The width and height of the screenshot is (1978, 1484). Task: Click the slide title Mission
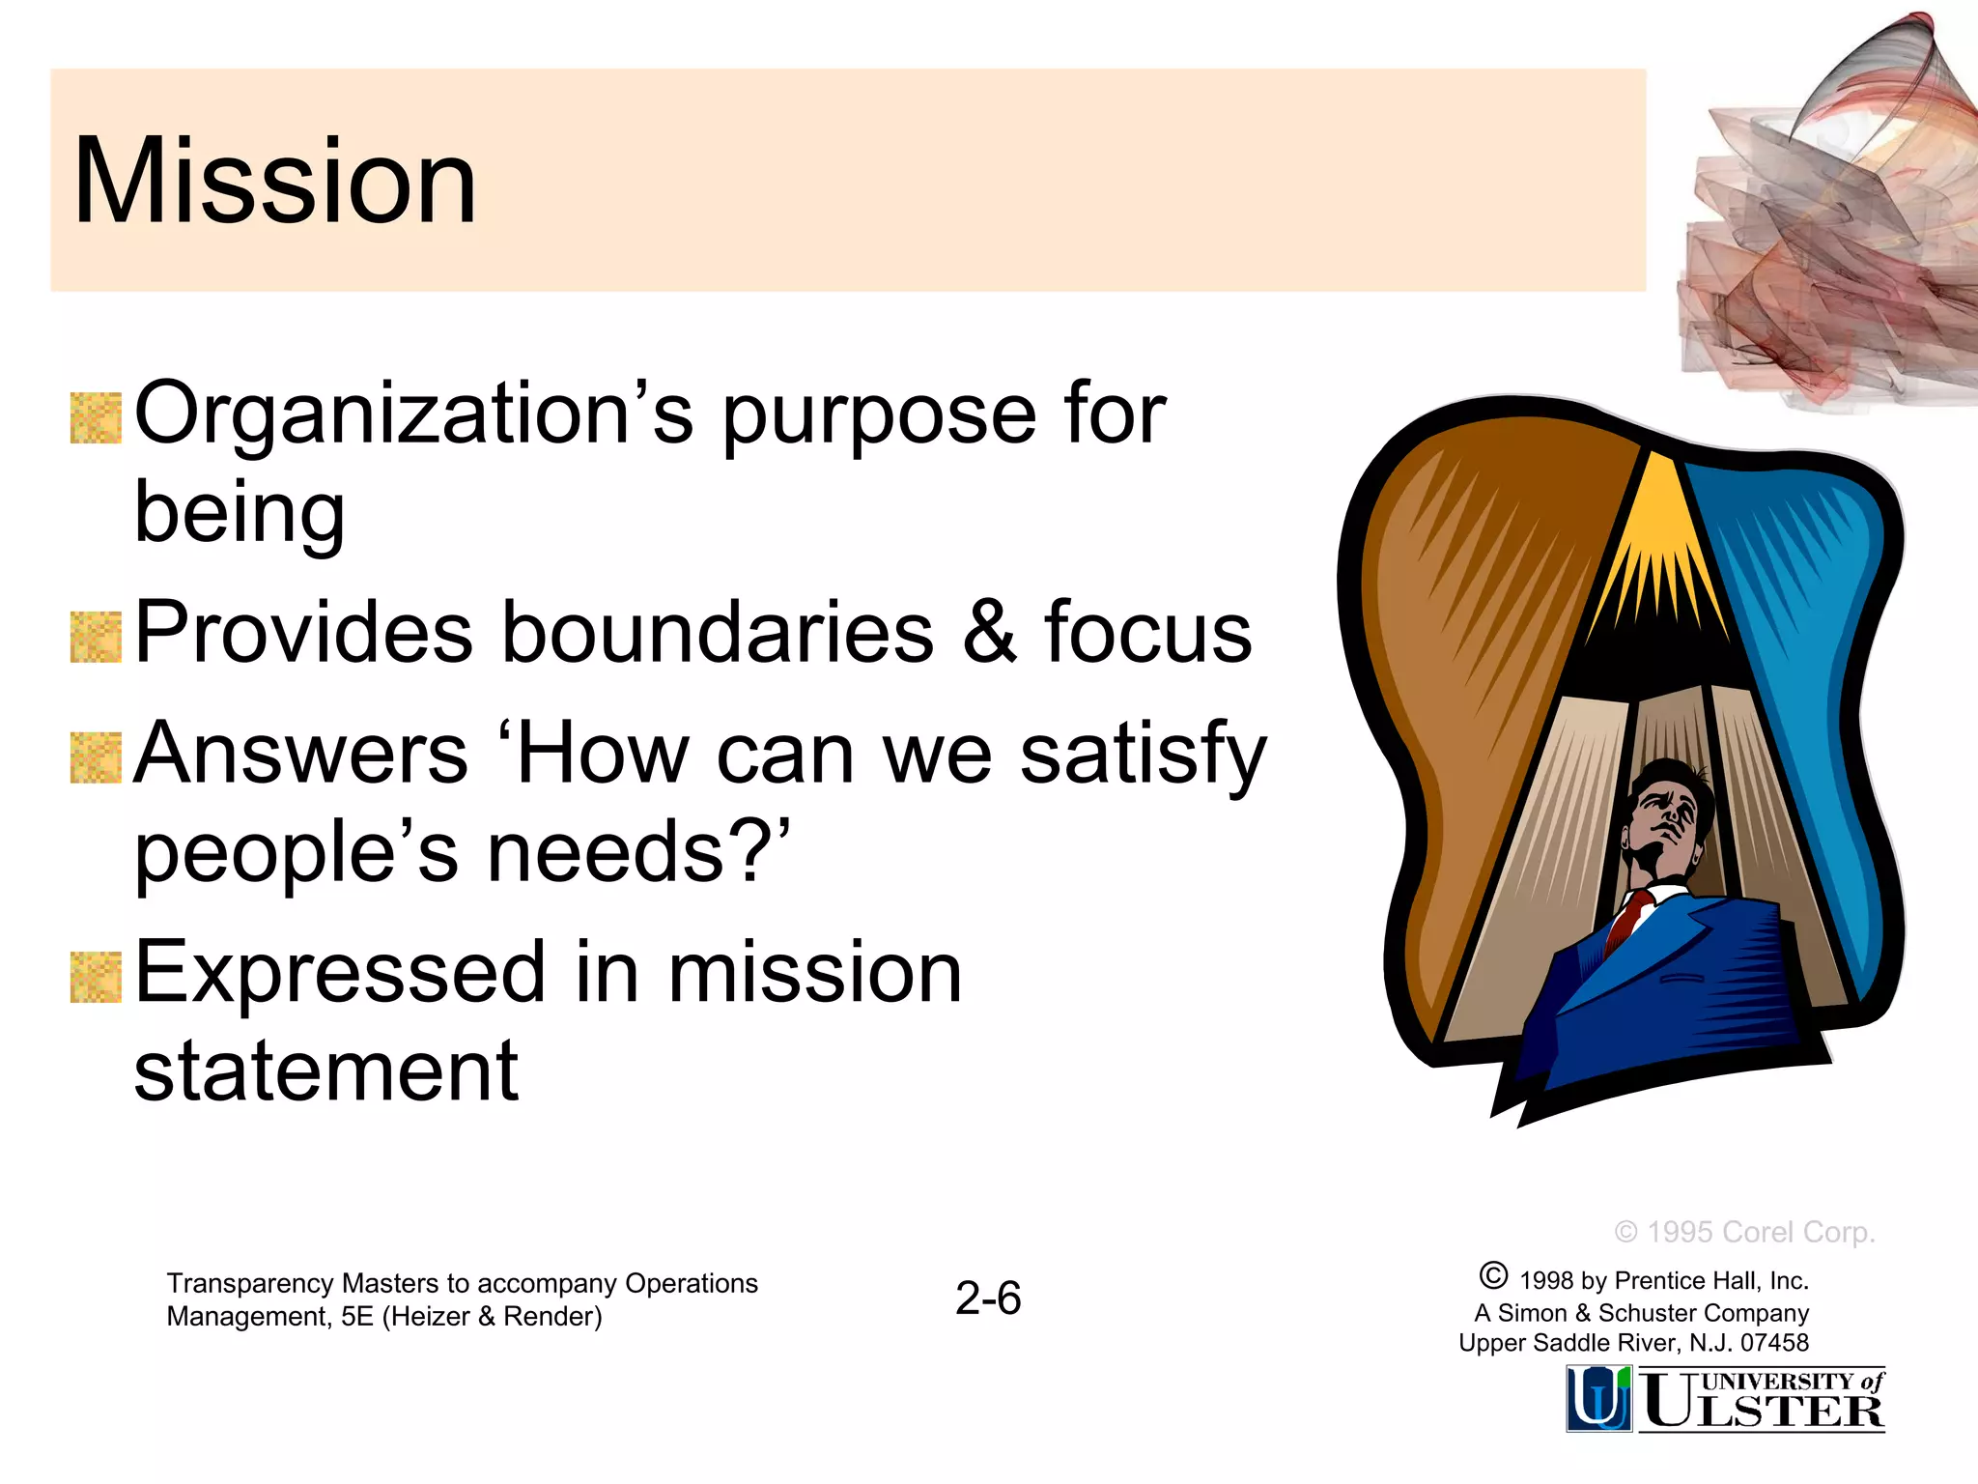pyautogui.click(x=274, y=182)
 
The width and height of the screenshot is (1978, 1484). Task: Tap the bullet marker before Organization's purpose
pyautogui.click(x=96, y=418)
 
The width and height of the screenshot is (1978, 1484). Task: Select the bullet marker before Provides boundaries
pyautogui.click(x=96, y=637)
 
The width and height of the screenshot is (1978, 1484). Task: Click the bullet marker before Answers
pyautogui.click(x=96, y=758)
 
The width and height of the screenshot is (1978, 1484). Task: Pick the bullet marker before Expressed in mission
pyautogui.click(x=96, y=977)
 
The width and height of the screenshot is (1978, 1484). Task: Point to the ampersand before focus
pyautogui.click(x=989, y=633)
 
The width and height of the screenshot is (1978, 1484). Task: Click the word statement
pyautogui.click(x=325, y=1071)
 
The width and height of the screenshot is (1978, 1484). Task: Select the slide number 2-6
pyautogui.click(x=988, y=1298)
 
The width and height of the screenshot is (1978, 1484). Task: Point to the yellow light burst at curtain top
pyautogui.click(x=1658, y=541)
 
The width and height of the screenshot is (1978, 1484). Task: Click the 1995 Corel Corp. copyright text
pyautogui.click(x=1744, y=1232)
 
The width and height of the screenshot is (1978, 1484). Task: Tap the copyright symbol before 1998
pyautogui.click(x=1493, y=1276)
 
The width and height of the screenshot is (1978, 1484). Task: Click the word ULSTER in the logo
pyautogui.click(x=1764, y=1412)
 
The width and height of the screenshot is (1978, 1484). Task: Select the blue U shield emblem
pyautogui.click(x=1598, y=1398)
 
